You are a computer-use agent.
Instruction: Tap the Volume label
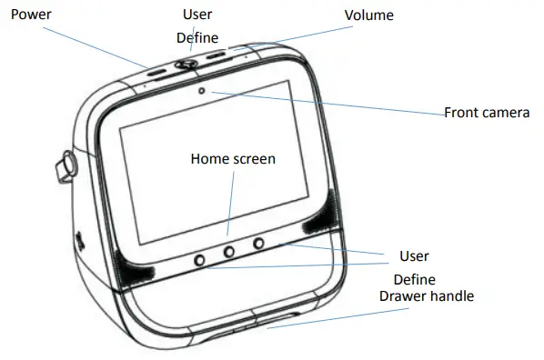point(368,15)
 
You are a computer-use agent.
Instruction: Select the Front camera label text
point(487,113)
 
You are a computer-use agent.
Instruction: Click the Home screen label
point(233,158)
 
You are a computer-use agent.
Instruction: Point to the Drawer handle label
point(428,296)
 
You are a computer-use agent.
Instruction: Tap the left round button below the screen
point(199,259)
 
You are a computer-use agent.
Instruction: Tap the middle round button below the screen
point(229,251)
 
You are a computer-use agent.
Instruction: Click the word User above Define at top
point(197,15)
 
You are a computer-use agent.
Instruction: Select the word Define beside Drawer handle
point(413,279)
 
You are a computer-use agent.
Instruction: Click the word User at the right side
point(414,255)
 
